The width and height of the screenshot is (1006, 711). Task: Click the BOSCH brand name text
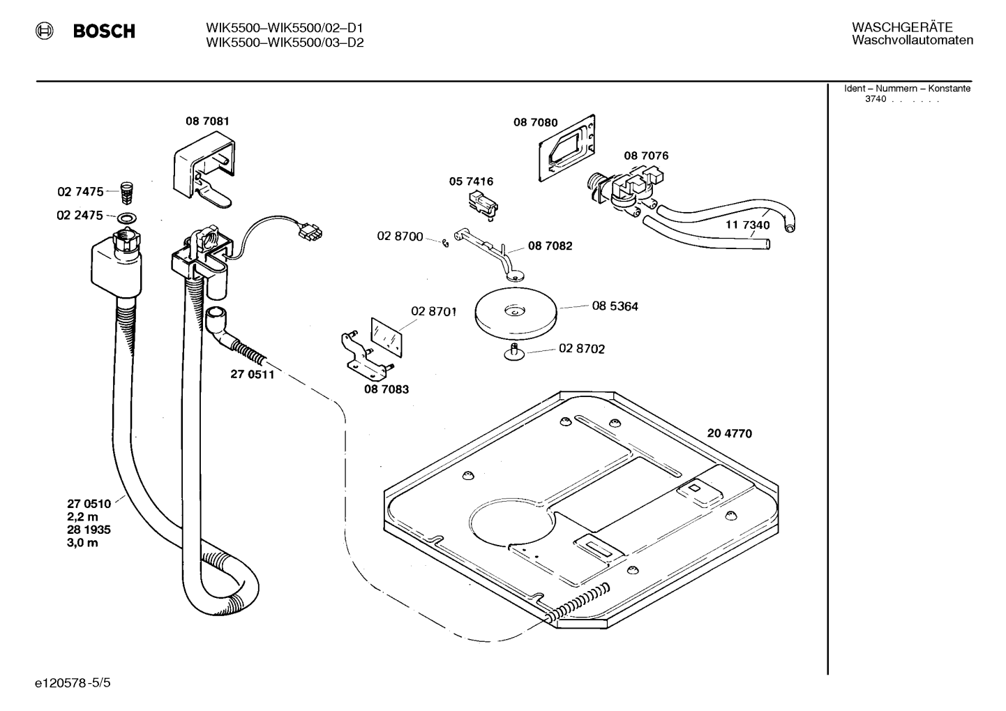point(104,31)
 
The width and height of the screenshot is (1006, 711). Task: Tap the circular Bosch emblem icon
point(45,31)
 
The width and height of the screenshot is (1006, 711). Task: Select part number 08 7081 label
point(207,121)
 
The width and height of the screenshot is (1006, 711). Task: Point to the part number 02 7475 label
point(80,192)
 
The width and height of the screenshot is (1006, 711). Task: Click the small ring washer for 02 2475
point(127,218)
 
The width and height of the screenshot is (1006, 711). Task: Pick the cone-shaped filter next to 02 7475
point(128,193)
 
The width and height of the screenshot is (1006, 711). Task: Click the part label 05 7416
point(471,181)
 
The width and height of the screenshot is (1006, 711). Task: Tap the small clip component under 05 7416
point(482,206)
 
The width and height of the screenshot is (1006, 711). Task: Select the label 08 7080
point(536,123)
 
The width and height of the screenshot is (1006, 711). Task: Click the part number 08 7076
point(646,156)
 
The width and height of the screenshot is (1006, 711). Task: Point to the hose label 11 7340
point(748,225)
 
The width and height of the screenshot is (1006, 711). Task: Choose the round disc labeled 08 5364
point(516,313)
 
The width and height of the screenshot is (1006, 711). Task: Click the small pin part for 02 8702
point(514,351)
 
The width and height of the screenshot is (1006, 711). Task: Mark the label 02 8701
point(434,312)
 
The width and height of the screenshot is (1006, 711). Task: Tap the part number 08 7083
point(386,389)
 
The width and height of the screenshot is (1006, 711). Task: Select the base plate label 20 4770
point(730,433)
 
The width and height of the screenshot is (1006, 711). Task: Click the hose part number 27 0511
point(253,375)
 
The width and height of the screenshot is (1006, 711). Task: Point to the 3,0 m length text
point(82,543)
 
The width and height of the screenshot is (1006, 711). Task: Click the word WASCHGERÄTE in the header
point(902,27)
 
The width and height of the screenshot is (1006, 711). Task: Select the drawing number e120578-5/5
point(73,683)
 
